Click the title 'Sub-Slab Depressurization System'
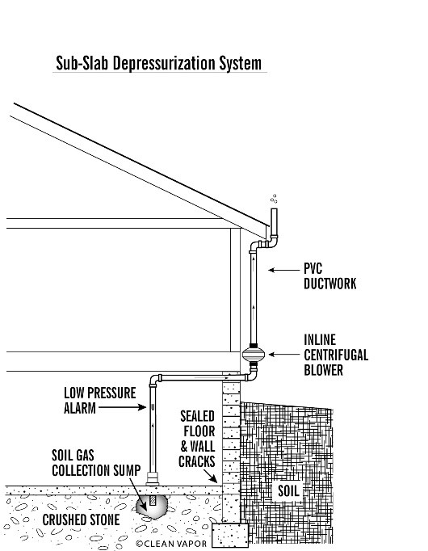159,63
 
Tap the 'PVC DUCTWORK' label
329,276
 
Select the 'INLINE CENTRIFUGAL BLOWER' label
336,355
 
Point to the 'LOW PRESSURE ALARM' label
99,400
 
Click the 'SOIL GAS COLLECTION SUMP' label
96,463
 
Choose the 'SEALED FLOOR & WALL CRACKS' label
197,439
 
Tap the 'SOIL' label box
288,491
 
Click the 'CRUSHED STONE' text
81,519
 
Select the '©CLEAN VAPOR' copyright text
171,543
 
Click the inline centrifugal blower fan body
253,354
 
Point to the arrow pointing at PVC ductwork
284,270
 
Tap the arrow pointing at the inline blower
284,355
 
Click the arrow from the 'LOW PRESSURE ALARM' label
122,407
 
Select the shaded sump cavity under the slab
152,507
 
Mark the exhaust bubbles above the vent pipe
274,199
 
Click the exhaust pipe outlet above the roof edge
274,223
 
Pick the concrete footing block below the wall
230,535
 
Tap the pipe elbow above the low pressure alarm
153,380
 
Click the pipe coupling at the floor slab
153,478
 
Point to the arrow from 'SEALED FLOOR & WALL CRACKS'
210,476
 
